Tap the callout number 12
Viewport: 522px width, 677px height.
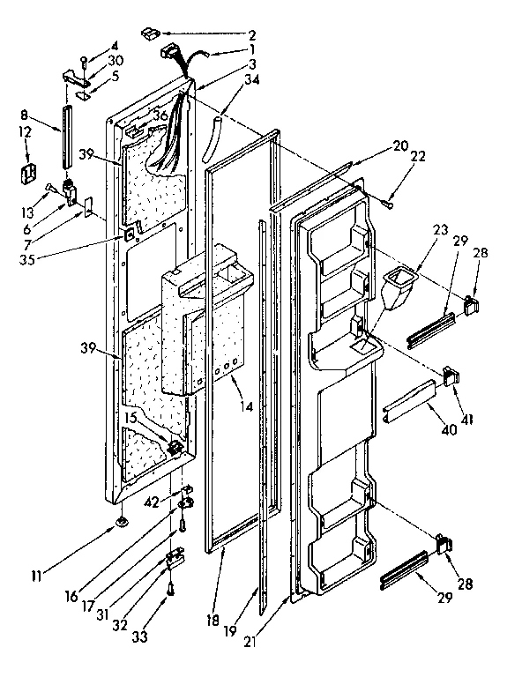25,132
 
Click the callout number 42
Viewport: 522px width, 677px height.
153,502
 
